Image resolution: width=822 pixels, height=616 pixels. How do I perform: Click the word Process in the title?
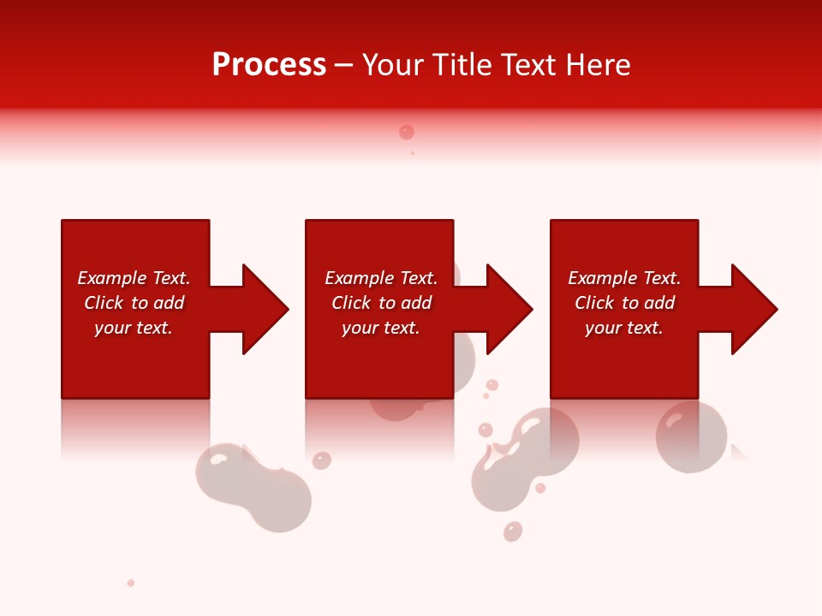tap(269, 65)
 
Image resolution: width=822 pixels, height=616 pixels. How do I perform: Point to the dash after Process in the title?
tap(344, 66)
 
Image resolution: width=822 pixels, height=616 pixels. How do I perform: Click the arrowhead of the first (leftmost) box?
tap(261, 309)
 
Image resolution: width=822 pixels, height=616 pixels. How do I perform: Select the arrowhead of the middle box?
tap(506, 309)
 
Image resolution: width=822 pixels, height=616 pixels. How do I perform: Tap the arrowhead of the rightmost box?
tap(751, 309)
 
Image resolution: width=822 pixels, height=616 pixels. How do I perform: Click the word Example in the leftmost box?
tap(111, 278)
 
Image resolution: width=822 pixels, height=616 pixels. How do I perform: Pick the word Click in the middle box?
tap(351, 303)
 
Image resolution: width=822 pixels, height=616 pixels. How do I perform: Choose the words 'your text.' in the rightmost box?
tap(623, 328)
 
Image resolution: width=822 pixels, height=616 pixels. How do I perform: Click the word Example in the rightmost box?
tap(602, 278)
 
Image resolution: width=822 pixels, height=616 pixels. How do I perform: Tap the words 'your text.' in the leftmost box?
tap(134, 328)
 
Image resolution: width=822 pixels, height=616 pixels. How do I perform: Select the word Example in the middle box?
tap(359, 278)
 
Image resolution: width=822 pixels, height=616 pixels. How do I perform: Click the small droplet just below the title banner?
tap(407, 132)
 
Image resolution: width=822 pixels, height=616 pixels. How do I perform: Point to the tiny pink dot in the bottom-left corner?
tap(131, 583)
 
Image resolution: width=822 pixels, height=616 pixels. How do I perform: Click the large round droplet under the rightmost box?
tap(690, 436)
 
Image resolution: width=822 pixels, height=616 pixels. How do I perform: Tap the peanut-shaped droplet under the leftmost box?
tap(253, 487)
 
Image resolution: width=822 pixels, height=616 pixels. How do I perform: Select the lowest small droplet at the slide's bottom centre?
tap(513, 531)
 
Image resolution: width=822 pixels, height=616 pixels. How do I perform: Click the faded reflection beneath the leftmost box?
tap(135, 428)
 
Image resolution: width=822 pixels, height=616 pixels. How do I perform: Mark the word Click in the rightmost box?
tap(594, 303)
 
